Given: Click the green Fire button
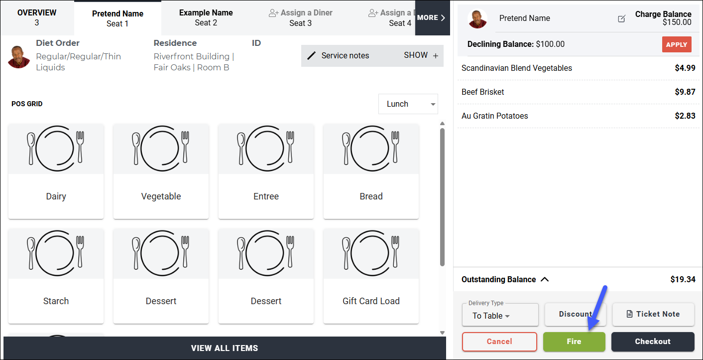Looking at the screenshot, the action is (574, 342).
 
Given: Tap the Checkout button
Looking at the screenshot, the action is (653, 342).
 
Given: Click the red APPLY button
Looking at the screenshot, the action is (677, 45).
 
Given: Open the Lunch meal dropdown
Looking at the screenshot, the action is (408, 104).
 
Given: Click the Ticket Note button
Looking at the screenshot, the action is (653, 314).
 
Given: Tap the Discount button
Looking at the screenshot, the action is (575, 314).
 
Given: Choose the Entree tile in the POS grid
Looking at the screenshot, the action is (266, 172).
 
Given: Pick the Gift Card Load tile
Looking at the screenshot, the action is (371, 276).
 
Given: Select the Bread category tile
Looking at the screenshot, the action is (371, 172).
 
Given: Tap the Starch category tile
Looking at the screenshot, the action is (56, 276).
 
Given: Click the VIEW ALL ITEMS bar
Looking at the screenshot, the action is (225, 348).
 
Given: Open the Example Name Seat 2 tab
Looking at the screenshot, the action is (206, 17).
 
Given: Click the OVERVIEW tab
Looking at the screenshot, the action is (37, 17).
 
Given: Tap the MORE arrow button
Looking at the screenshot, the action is (432, 17).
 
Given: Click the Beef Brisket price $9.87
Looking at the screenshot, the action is (685, 92).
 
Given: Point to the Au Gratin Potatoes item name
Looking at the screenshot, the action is (494, 116).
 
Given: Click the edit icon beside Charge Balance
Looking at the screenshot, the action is (621, 19).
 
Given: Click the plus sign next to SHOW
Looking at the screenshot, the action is (436, 56).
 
